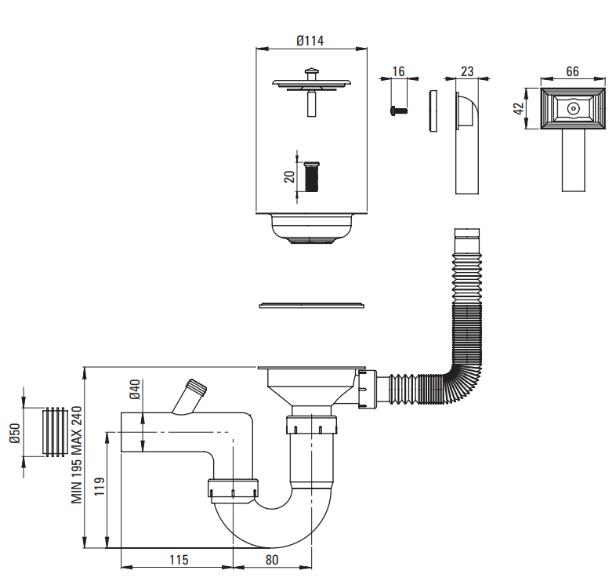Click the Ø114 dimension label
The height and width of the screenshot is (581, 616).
pyautogui.click(x=310, y=41)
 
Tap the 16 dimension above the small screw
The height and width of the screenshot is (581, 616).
pyautogui.click(x=398, y=71)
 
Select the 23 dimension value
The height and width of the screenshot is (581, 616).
pyautogui.click(x=467, y=71)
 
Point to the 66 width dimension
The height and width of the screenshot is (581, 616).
pyautogui.click(x=572, y=71)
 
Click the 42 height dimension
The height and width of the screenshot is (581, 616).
pyautogui.click(x=519, y=108)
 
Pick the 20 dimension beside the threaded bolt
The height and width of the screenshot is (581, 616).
pyautogui.click(x=289, y=177)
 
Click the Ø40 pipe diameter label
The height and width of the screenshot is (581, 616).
pyautogui.click(x=135, y=389)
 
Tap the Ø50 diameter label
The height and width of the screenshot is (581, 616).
pyautogui.click(x=15, y=433)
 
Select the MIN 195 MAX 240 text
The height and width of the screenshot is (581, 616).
pyautogui.click(x=77, y=455)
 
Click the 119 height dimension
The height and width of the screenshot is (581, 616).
pyautogui.click(x=100, y=486)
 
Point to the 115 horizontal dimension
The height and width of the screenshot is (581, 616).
pyautogui.click(x=179, y=560)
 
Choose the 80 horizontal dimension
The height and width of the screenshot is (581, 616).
pyautogui.click(x=272, y=560)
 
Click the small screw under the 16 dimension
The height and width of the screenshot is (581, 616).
pyautogui.click(x=399, y=111)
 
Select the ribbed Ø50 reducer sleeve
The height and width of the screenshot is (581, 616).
pyautogui.click(x=55, y=432)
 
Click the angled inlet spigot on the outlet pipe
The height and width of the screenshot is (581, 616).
pyautogui.click(x=190, y=397)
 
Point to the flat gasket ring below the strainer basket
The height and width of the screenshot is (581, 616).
pyautogui.click(x=312, y=306)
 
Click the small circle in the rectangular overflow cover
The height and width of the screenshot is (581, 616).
pyautogui.click(x=573, y=108)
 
